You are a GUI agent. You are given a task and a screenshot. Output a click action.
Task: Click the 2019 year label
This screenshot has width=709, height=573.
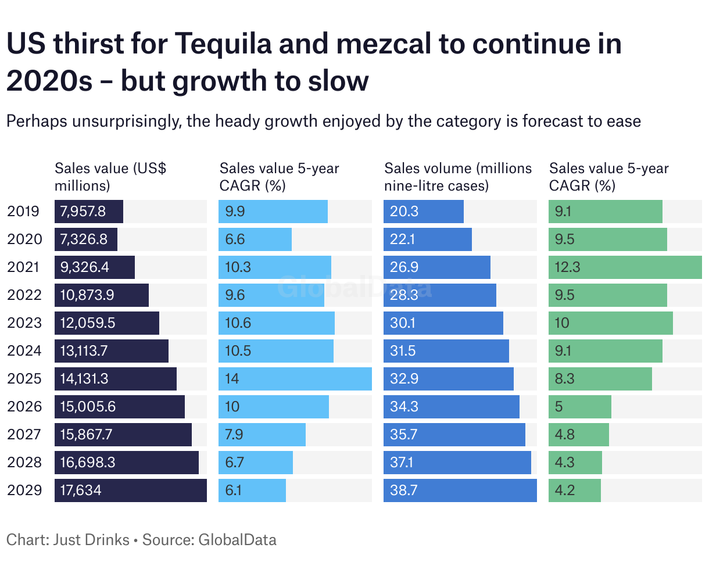point(24,212)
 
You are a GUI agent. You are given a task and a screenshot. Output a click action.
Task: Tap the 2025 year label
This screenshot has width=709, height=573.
point(24,379)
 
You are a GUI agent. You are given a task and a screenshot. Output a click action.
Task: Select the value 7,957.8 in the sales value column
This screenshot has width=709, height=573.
point(83,212)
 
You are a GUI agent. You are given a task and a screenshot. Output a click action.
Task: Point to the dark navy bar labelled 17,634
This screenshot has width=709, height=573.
point(130,490)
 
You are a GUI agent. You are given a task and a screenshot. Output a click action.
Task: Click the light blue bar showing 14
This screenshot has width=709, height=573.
point(295,379)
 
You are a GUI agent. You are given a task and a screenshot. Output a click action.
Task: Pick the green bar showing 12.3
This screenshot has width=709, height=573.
point(625,267)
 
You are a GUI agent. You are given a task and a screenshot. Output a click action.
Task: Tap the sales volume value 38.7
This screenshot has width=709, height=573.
point(404,490)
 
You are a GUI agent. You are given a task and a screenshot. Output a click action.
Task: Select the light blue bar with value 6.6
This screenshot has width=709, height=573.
point(255,239)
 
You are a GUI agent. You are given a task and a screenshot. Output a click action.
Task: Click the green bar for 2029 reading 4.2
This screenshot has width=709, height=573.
point(574,490)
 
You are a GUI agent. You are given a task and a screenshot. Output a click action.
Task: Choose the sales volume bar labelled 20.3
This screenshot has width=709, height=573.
point(423,212)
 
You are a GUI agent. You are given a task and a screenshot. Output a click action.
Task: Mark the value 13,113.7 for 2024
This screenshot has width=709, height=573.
point(84,351)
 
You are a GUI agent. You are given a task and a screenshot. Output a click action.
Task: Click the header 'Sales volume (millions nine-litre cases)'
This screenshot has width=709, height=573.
point(458,177)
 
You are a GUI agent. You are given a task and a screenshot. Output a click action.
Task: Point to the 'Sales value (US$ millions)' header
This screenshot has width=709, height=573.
point(110,177)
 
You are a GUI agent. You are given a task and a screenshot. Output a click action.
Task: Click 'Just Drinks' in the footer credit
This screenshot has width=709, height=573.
point(91,540)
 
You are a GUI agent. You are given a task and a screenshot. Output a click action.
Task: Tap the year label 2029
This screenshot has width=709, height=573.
point(24,490)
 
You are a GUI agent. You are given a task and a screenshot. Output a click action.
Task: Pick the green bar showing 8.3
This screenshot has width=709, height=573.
point(600,379)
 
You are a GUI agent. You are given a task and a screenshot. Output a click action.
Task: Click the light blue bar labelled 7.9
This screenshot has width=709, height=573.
point(262,435)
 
